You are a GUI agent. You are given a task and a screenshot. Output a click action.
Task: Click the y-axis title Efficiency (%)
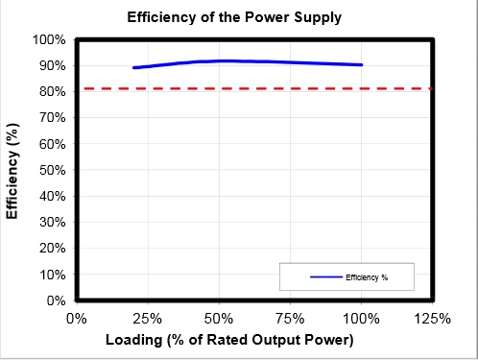[13, 170]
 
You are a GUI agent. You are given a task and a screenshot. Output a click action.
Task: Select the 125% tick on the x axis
[432, 318]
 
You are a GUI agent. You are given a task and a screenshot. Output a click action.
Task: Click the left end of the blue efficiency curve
[134, 68]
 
